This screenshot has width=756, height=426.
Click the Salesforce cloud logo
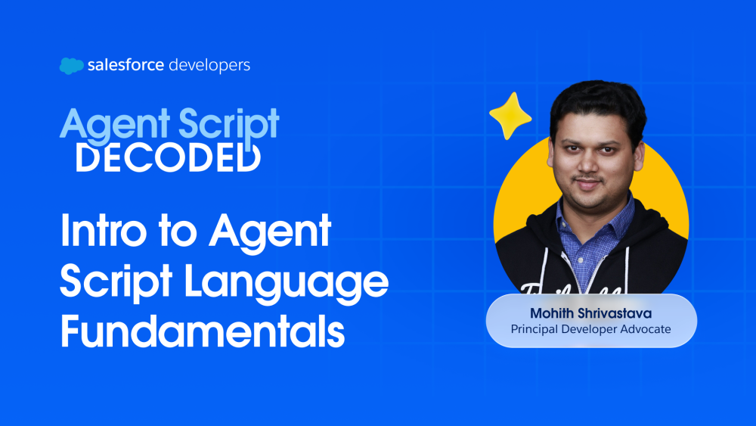[71, 66]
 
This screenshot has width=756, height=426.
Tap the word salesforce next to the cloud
[125, 64]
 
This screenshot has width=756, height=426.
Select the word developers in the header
[209, 65]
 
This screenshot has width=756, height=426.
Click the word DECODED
[169, 157]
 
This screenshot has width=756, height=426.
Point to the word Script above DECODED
[228, 125]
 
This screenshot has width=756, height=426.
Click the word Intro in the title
[103, 231]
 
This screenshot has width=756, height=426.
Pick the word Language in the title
[287, 284]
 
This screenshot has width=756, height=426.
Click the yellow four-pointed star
[510, 117]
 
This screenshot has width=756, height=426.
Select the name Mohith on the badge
[552, 313]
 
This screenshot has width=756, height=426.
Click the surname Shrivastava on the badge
[615, 313]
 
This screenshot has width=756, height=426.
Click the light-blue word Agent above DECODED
[115, 125]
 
